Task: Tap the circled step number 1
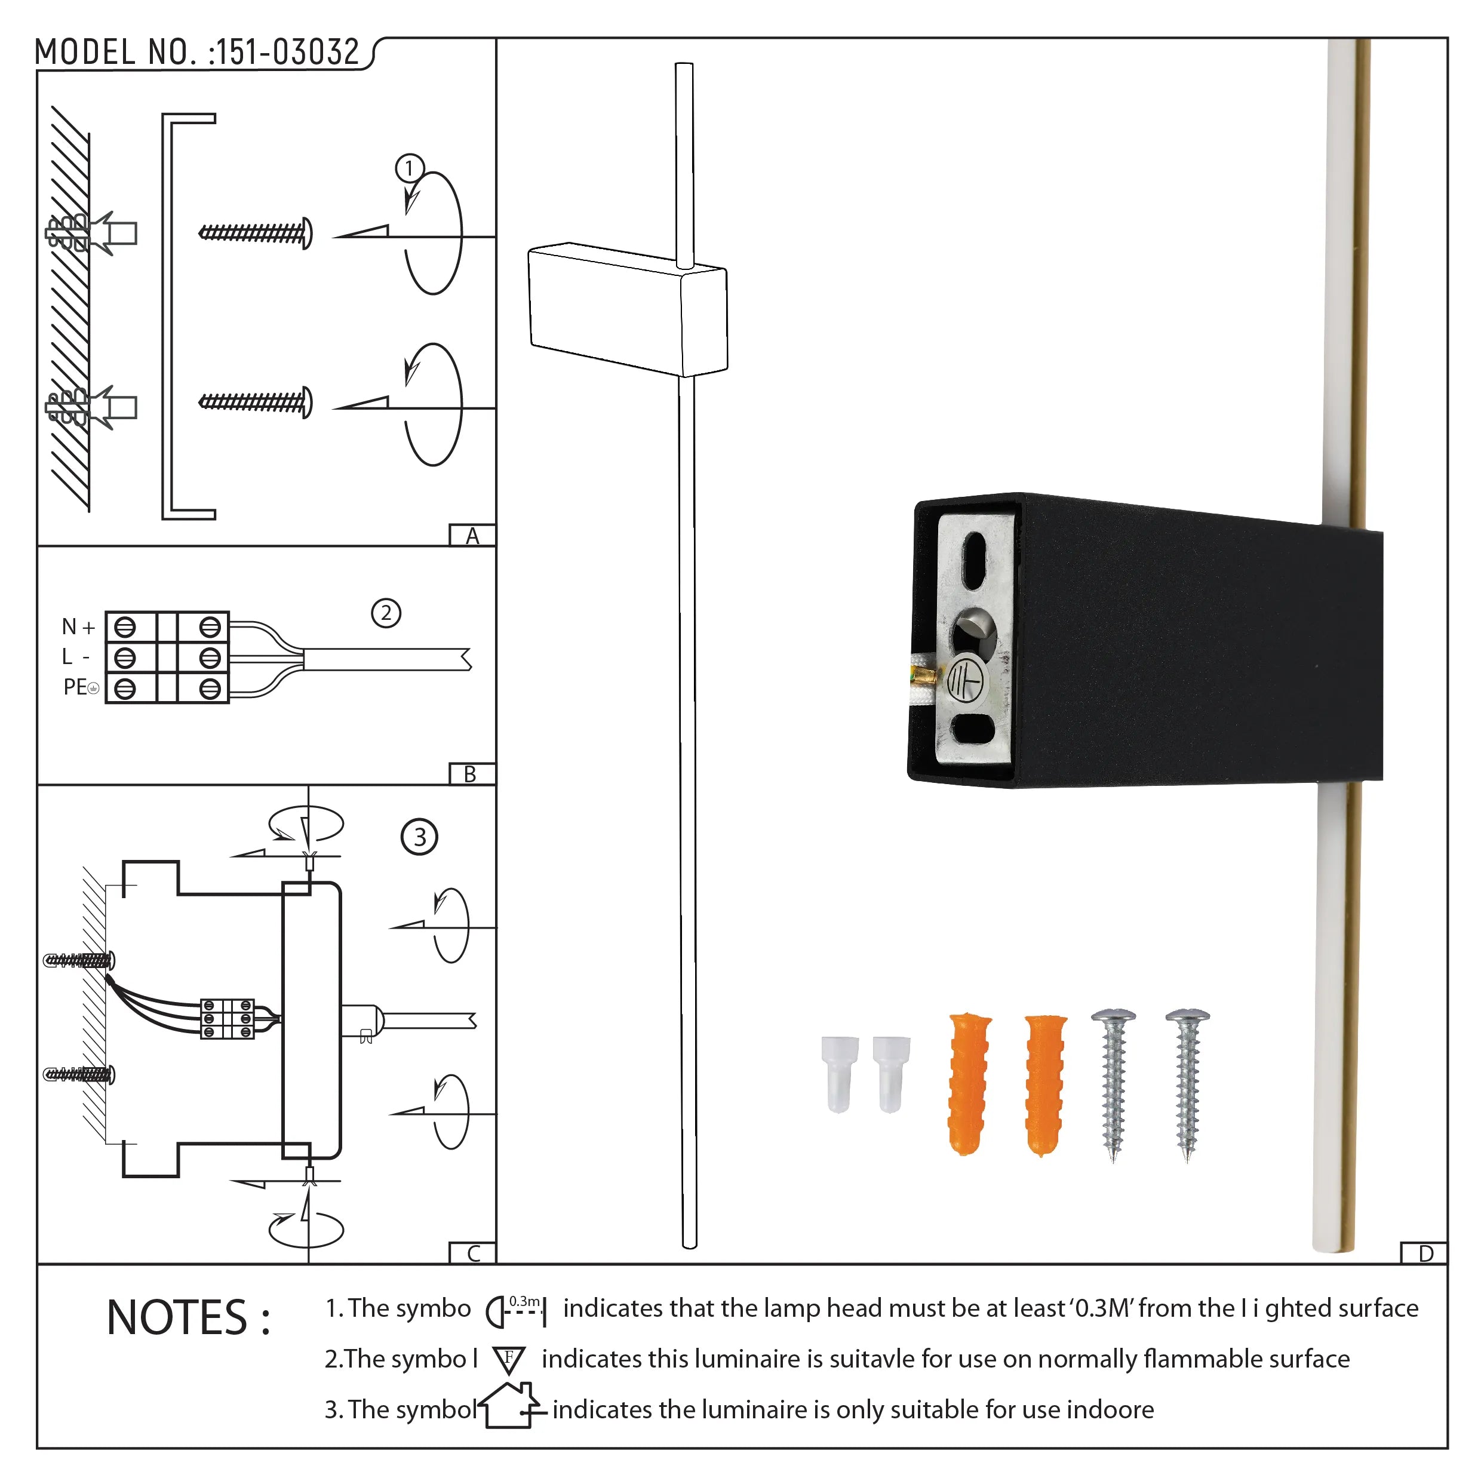pyautogui.click(x=409, y=168)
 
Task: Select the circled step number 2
pyautogui.click(x=386, y=613)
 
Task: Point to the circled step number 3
pyautogui.click(x=419, y=836)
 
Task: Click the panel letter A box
pyautogui.click(x=472, y=535)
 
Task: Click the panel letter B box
pyautogui.click(x=471, y=773)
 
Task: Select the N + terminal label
pyautogui.click(x=78, y=627)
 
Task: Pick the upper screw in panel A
pyautogui.click(x=255, y=233)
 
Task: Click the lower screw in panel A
pyautogui.click(x=255, y=402)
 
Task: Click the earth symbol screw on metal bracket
pyautogui.click(x=967, y=680)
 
